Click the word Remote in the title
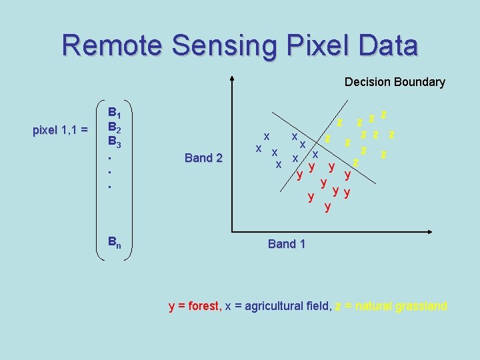tap(111, 45)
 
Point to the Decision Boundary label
tap(395, 82)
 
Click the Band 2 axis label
tap(203, 158)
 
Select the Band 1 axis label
tap(287, 244)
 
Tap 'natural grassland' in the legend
tap(401, 307)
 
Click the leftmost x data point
tap(258, 147)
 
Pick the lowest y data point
tap(327, 207)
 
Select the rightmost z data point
tap(392, 135)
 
